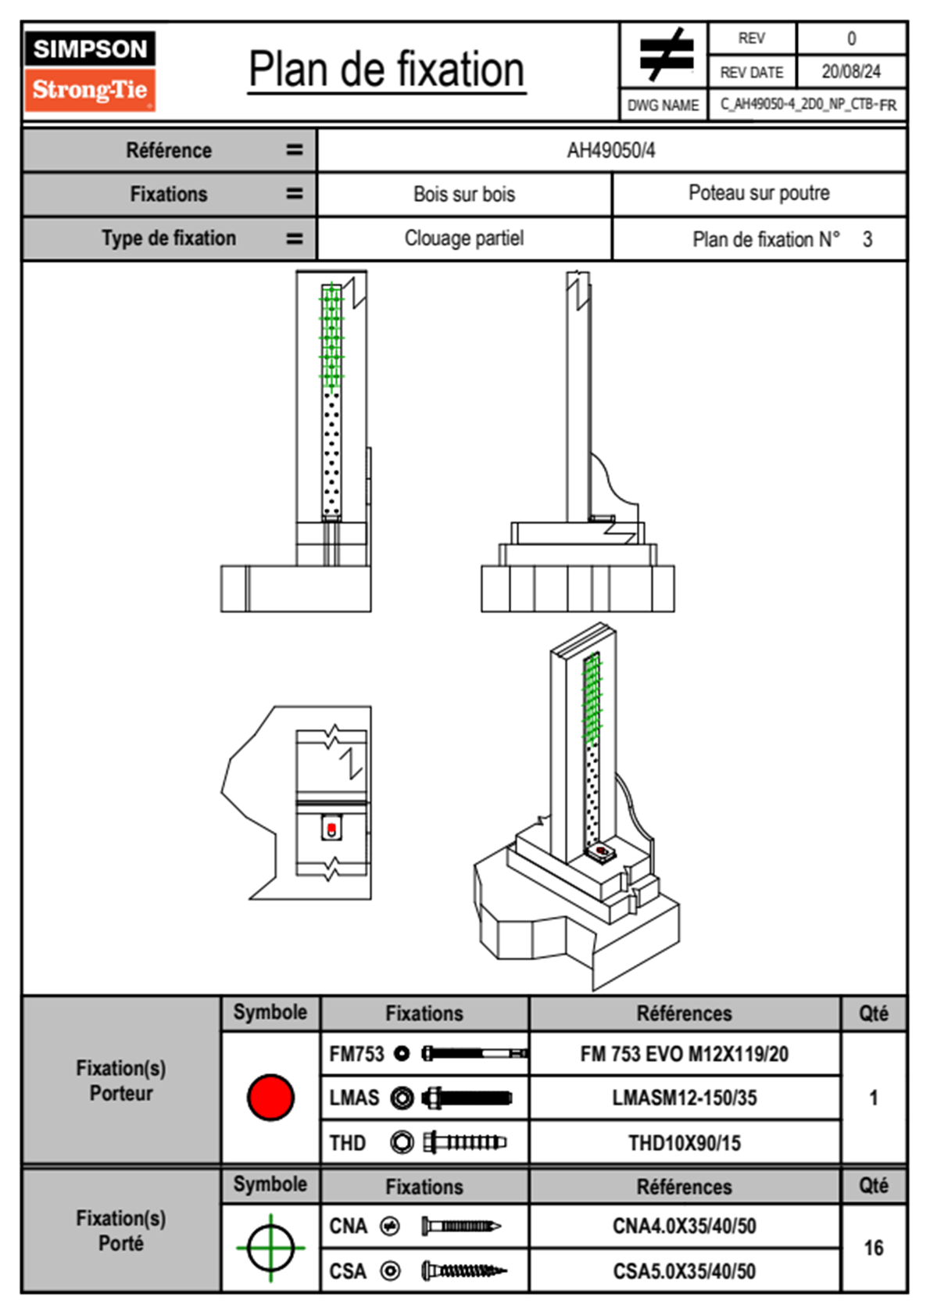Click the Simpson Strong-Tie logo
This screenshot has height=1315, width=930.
(x=90, y=71)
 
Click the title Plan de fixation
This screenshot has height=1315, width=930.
(x=387, y=70)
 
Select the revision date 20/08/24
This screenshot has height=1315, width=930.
(x=850, y=72)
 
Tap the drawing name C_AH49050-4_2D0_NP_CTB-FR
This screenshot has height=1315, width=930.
(x=808, y=105)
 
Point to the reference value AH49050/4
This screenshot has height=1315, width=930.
(x=611, y=151)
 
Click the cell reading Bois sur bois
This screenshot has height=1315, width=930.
(x=464, y=195)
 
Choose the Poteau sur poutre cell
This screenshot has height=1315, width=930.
(x=759, y=193)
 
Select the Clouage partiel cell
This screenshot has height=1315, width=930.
(x=464, y=238)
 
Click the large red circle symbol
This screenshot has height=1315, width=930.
(x=270, y=1097)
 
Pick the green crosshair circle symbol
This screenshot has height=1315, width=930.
(x=270, y=1248)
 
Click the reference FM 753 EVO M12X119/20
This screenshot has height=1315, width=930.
(x=684, y=1055)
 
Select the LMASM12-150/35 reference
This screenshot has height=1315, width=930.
(x=684, y=1098)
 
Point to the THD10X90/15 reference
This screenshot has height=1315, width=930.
(x=684, y=1143)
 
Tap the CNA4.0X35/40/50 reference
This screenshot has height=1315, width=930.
(x=684, y=1226)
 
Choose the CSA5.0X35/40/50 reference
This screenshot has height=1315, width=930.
(x=684, y=1271)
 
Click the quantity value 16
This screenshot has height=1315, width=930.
(x=873, y=1248)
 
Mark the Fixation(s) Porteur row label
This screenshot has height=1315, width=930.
(x=121, y=1080)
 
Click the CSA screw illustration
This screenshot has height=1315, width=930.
(x=463, y=1271)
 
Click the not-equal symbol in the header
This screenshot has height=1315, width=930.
(x=665, y=55)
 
